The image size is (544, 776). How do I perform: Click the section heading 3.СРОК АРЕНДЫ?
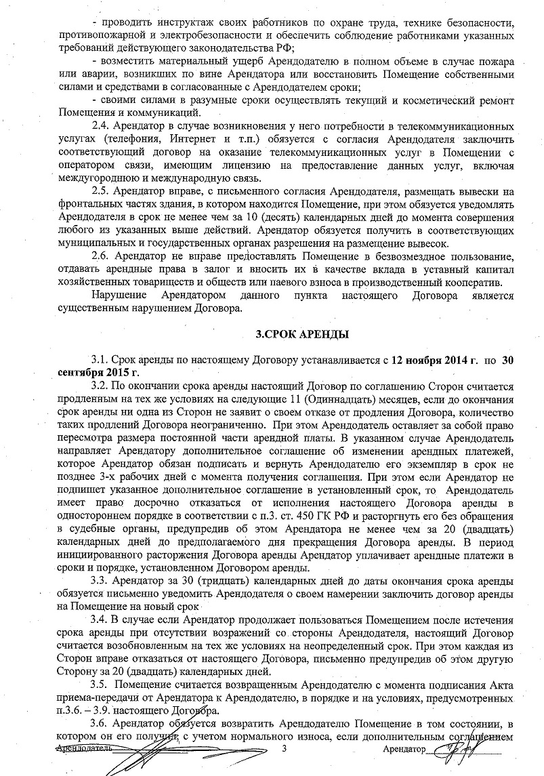(x=301, y=334)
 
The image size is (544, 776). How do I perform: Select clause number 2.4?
(x=100, y=127)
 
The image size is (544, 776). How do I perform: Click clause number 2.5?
(x=100, y=190)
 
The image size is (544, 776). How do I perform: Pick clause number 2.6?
(x=100, y=256)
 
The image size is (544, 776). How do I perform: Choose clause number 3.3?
(x=100, y=581)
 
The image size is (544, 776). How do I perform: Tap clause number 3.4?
(x=100, y=619)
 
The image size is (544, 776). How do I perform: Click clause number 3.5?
(x=100, y=685)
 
